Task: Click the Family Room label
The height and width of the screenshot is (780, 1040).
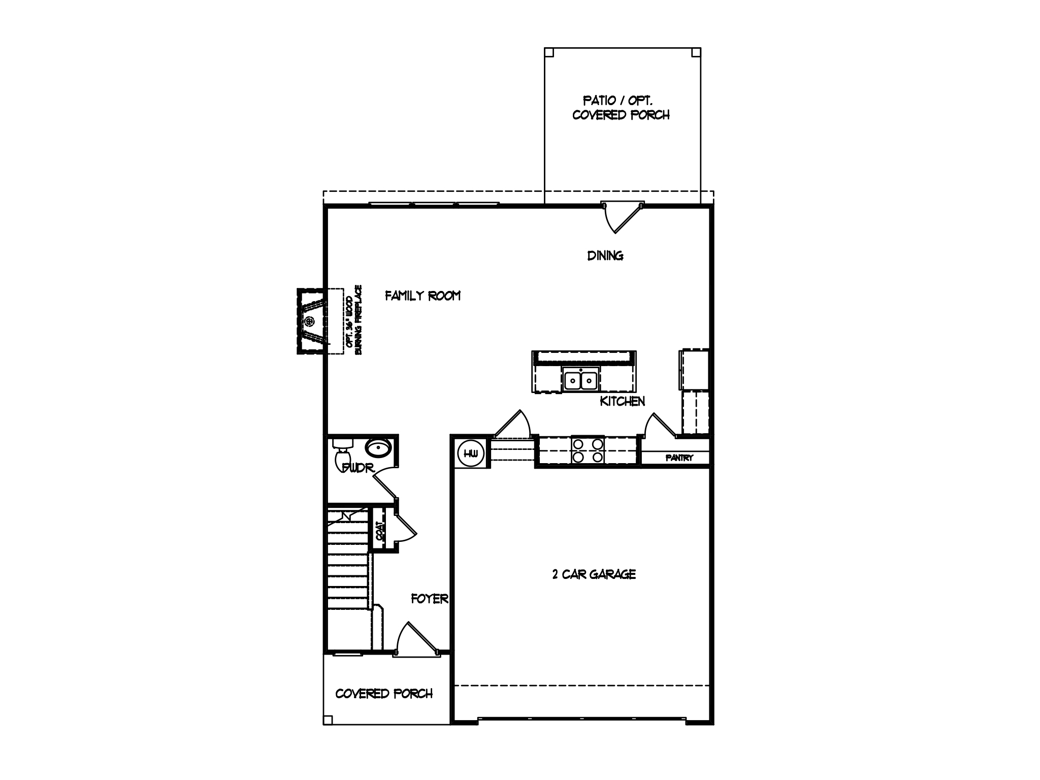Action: [x=422, y=296]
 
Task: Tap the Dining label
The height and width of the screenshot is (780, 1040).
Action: [x=605, y=256]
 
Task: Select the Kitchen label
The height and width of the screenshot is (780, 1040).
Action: [x=622, y=401]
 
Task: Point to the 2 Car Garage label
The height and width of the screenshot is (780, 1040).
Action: [x=594, y=574]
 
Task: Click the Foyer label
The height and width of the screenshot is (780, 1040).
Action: [x=429, y=599]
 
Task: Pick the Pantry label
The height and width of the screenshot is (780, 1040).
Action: [x=679, y=458]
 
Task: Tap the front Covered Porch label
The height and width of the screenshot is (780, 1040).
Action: [x=384, y=694]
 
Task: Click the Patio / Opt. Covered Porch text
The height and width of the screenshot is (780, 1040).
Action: [x=621, y=108]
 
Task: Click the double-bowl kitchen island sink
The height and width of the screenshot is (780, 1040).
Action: [x=580, y=380]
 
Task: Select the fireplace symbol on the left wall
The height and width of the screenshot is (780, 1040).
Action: [x=310, y=321]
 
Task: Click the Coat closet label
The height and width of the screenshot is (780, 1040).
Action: [x=379, y=530]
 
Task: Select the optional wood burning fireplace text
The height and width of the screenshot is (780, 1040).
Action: [x=354, y=320]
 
